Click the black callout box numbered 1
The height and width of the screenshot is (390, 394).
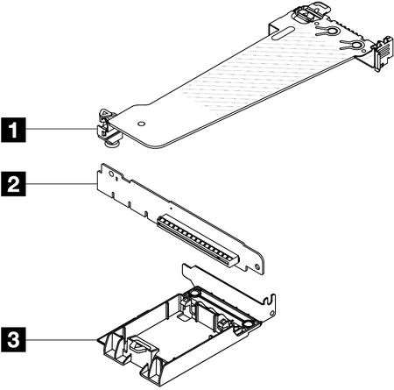click(x=13, y=130)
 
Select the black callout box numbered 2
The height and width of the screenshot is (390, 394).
click(x=13, y=184)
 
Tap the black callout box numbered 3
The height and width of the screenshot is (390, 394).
click(x=13, y=340)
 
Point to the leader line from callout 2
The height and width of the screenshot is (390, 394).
click(x=61, y=184)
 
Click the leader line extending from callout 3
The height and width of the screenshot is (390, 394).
click(x=61, y=340)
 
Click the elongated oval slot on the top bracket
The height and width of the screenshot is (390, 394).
click(x=283, y=32)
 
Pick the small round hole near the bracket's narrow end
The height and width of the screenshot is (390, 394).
click(x=141, y=124)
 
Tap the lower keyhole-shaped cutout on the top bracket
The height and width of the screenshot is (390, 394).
click(x=351, y=46)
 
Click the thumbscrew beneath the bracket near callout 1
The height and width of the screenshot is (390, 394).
click(x=111, y=143)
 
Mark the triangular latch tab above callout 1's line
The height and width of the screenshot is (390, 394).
click(x=105, y=113)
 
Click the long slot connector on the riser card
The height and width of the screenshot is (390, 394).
click(x=199, y=240)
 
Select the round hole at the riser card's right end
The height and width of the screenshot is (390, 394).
click(x=257, y=266)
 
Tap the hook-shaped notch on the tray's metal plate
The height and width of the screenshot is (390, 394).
click(x=270, y=301)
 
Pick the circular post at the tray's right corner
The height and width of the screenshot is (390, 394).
click(x=247, y=324)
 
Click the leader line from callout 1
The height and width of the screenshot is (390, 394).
click(x=62, y=129)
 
